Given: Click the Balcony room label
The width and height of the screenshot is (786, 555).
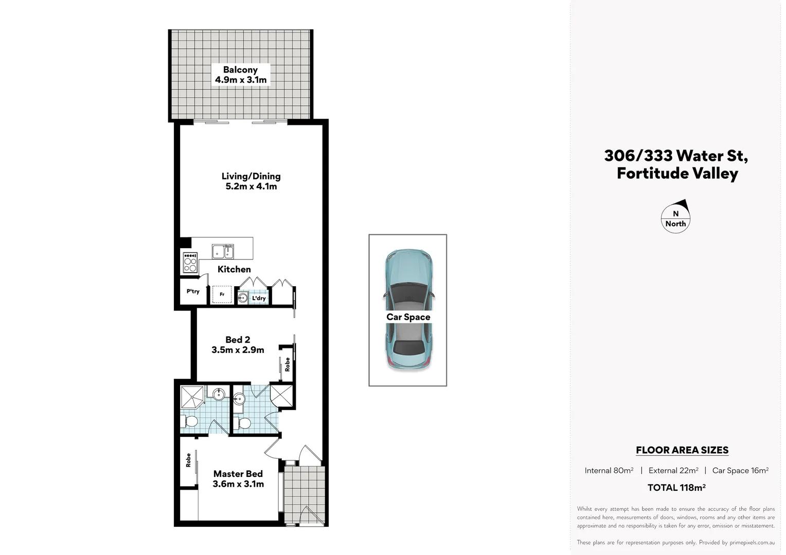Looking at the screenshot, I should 240,70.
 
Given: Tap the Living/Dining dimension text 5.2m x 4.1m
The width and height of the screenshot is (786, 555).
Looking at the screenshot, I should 251,187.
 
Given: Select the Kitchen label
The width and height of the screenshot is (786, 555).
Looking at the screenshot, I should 234,269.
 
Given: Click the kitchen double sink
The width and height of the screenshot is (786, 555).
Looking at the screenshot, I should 223,252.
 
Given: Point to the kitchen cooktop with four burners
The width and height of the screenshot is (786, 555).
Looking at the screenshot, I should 190,263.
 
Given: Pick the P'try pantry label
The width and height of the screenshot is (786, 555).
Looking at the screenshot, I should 193,291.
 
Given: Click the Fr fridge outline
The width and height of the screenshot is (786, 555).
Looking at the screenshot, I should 222,294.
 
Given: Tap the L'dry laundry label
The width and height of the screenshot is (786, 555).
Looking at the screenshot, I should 259,298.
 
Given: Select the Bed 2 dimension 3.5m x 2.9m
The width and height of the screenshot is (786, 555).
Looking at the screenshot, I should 238,350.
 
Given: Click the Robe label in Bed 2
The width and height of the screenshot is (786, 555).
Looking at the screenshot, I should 288,364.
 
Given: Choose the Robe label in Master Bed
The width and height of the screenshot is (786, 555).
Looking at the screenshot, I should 188,460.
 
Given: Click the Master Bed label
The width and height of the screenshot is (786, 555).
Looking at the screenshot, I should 238,474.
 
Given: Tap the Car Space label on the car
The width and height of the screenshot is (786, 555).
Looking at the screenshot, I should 408,317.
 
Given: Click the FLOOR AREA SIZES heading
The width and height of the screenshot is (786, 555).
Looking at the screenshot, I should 682,450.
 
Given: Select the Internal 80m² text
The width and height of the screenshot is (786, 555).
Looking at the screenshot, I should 609,470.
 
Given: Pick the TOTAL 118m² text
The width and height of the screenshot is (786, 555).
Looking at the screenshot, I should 676,488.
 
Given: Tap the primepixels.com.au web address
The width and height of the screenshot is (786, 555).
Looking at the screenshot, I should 752,542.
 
